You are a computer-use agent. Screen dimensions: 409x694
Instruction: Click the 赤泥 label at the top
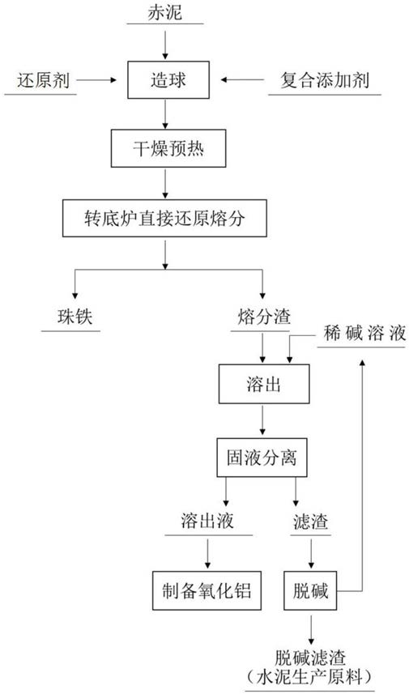coord(164,12)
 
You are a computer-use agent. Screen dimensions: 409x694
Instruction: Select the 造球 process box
coord(168,79)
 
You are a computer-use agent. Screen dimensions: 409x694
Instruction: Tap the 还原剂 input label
coord(44,80)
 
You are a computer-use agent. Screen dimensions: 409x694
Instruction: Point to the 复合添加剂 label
coord(325,80)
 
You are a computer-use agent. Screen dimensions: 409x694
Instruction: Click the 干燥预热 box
coord(168,148)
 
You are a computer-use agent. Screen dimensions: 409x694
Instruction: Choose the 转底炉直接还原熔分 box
coord(164,218)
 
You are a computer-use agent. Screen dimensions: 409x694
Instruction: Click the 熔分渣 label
coord(264,317)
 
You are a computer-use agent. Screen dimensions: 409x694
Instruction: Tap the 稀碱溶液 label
coord(364,334)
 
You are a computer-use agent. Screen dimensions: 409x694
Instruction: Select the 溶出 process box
coord(264,384)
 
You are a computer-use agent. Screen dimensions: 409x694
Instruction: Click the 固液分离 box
coord(262,458)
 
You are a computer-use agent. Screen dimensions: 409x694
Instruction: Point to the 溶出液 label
coord(207,522)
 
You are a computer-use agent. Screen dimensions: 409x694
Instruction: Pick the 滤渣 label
coord(311,522)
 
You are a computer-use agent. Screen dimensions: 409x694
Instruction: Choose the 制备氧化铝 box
coord(207,590)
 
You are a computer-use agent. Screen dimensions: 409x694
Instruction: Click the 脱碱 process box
coord(311,590)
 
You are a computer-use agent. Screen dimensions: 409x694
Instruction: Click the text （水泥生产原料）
coord(309,677)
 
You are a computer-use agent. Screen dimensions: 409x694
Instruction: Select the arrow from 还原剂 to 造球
coord(96,80)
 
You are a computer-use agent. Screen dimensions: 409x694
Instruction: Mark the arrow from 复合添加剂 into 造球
coord(243,80)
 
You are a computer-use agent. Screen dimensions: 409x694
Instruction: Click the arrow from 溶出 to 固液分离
coord(263,419)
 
